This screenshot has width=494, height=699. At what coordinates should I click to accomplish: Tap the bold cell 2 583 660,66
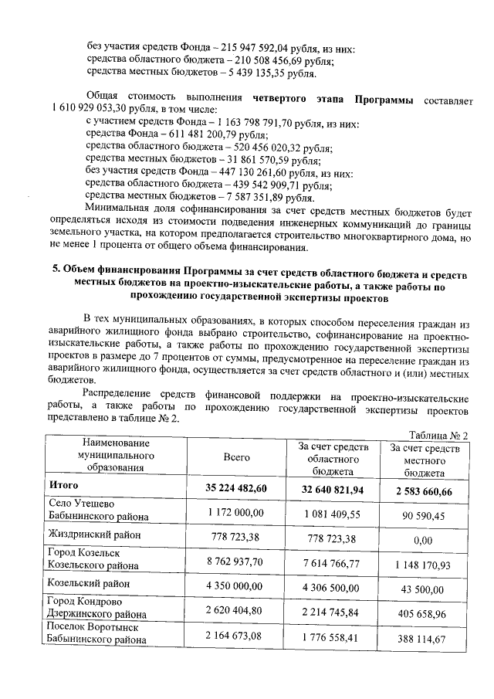click(422, 490)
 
